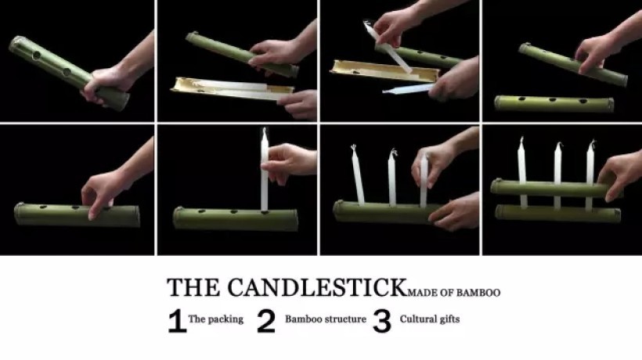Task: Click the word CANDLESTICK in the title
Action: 316,286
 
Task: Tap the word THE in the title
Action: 193,287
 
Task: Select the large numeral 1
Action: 177,321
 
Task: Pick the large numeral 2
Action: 266,321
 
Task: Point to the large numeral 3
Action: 382,321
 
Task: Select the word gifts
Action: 450,319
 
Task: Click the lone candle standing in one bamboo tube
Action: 265,170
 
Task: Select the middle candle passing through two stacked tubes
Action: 557,175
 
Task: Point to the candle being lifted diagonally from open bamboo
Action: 388,48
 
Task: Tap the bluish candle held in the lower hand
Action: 407,88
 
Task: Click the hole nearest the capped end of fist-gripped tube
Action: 37,56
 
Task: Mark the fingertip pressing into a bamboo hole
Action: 92,215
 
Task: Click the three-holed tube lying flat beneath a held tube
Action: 554,104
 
